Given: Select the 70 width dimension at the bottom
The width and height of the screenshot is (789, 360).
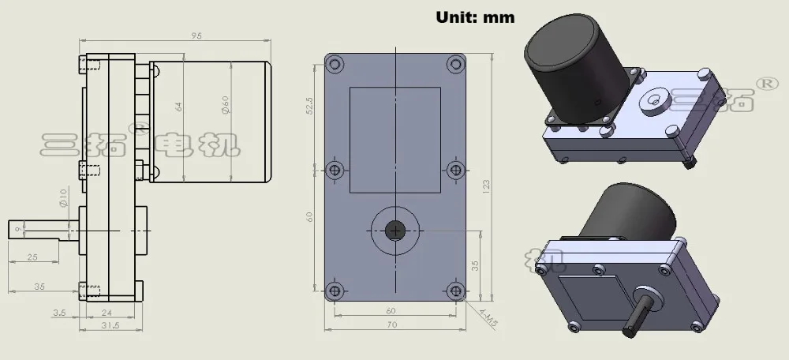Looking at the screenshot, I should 391,324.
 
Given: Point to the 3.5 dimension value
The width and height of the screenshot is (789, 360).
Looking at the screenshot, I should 59,313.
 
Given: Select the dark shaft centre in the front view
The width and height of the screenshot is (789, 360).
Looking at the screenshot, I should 394,230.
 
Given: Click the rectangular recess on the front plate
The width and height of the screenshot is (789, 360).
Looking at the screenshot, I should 394,140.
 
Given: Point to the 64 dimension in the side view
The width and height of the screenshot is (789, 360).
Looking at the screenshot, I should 179,106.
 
